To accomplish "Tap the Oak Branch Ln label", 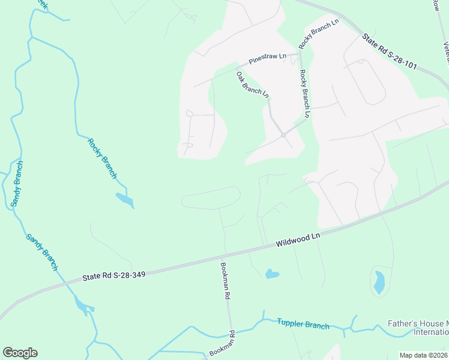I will [252, 84].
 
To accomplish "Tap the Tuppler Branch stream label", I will [303, 324].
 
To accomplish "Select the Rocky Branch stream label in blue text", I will [102, 158].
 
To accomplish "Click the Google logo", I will [20, 353].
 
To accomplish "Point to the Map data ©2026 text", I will [423, 355].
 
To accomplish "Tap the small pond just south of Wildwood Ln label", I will [272, 274].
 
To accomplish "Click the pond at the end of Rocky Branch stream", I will [124, 200].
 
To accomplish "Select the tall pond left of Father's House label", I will [379, 282].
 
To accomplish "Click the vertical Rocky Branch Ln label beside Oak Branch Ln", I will [304, 93].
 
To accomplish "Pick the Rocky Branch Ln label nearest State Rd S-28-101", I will [319, 34].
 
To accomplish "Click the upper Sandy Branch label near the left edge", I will [17, 184].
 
